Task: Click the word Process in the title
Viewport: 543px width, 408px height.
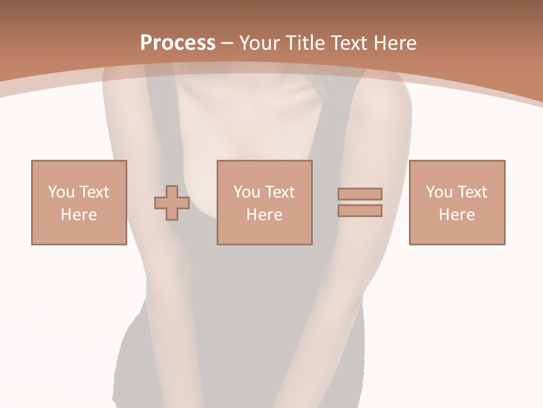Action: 178,42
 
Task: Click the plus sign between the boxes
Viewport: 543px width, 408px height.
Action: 172,203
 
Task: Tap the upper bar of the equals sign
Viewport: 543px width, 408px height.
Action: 360,194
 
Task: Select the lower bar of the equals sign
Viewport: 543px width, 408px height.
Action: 360,211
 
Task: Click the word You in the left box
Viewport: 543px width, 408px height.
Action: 61,192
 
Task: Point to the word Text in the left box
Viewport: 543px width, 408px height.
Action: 94,192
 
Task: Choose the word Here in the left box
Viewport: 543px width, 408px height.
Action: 79,215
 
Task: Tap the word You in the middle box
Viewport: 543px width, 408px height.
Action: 247,192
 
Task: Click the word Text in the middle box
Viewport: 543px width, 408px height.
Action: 279,192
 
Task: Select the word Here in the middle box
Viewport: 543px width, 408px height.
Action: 264,215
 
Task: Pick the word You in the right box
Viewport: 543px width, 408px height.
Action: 439,192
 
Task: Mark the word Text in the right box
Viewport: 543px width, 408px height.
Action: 472,192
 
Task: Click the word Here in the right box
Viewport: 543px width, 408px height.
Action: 456,215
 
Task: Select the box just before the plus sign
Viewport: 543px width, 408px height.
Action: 79,232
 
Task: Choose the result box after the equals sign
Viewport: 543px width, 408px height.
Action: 456,232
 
